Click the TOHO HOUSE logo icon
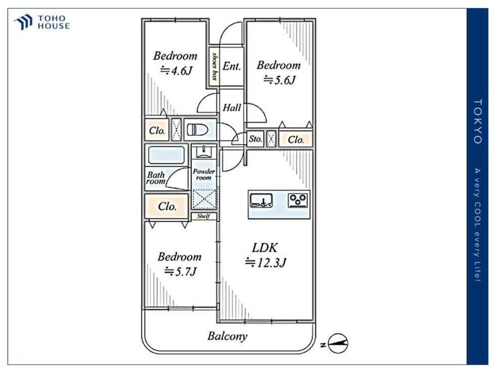point(23,22)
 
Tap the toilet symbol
point(197,130)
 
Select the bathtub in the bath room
point(166,155)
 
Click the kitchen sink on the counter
point(261,200)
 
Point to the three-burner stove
point(298,200)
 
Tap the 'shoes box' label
point(215,66)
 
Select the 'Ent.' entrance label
point(232,66)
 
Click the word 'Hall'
point(232,107)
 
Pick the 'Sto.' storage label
point(255,139)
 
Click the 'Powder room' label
point(204,175)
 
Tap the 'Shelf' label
point(204,216)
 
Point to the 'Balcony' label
point(228,336)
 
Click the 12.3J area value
point(265,263)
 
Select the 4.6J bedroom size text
point(176,71)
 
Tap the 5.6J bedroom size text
point(279,80)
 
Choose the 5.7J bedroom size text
point(180,272)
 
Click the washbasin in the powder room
point(204,152)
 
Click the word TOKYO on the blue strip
point(478,121)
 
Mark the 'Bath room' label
point(156,178)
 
